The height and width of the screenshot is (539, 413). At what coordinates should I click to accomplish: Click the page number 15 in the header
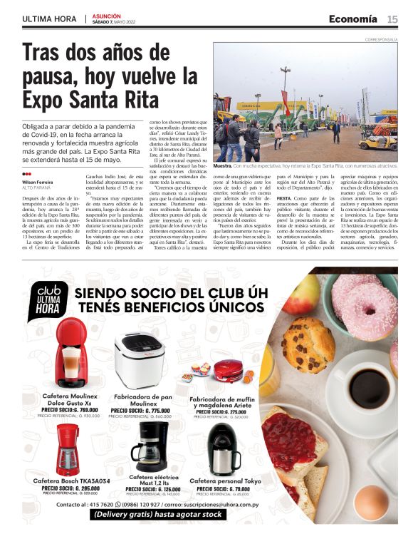392,19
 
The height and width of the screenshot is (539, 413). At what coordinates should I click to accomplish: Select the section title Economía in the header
353,19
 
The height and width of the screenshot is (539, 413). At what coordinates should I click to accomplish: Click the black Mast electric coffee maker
148,446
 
